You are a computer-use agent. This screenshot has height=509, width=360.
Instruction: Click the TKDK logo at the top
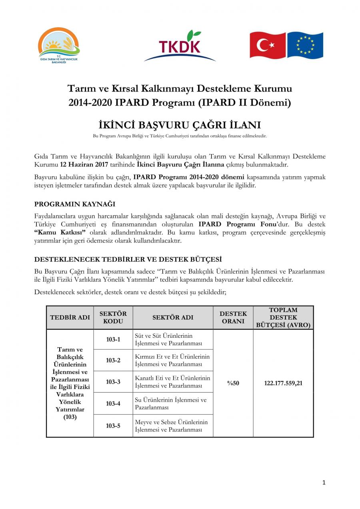coord(180,46)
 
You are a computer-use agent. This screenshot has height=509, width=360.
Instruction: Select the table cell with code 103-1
coord(113,340)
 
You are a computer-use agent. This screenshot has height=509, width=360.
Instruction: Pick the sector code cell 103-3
coord(113,382)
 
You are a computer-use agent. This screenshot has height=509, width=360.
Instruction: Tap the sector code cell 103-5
coord(113,426)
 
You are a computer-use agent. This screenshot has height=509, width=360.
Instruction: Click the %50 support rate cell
coord(233,383)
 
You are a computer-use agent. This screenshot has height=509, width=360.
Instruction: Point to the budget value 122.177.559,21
coord(283,383)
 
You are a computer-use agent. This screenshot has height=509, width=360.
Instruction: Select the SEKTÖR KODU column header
coord(113,317)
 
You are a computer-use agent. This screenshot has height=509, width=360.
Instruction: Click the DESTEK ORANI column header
coord(233,317)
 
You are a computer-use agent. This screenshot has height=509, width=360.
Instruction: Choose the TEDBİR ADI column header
coord(70,317)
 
